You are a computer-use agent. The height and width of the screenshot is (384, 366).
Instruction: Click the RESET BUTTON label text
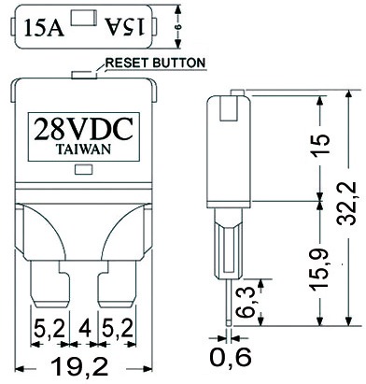point(156,63)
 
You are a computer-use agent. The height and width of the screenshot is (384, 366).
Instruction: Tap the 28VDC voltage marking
point(84,129)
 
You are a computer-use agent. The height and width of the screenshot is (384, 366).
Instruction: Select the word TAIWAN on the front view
point(83,149)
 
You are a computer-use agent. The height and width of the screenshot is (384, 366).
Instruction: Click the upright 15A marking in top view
point(44,27)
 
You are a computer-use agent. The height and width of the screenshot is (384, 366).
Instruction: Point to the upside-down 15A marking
point(125,26)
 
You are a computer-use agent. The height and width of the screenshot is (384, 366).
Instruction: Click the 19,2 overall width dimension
point(79,366)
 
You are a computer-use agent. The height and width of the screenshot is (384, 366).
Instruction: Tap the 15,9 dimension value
point(319,269)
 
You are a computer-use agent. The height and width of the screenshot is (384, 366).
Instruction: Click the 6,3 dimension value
point(246,302)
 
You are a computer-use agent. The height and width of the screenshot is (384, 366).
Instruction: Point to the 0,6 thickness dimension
point(231,357)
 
